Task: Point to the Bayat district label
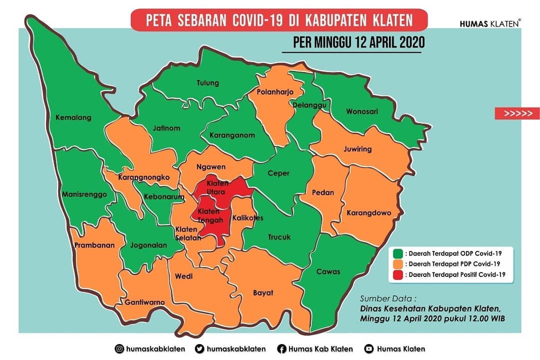tap(263, 292)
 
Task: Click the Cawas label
tap(328, 271)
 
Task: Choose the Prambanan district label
tap(94, 245)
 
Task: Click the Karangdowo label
tap(369, 213)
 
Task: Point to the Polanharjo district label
tap(274, 92)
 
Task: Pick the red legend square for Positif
tap(397, 274)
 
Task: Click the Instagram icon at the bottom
tap(119, 349)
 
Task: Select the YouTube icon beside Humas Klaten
tap(369, 349)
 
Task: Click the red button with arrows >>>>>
tap(517, 113)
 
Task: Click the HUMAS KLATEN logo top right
tap(490, 23)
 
